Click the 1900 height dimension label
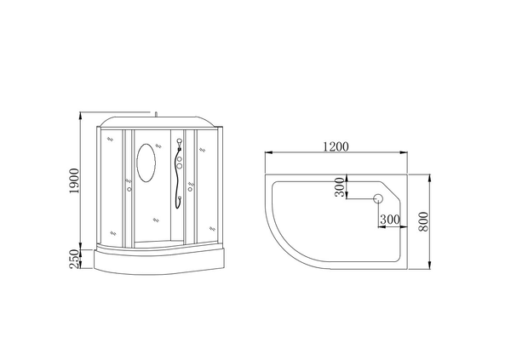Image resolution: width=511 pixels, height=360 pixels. coord(74,180)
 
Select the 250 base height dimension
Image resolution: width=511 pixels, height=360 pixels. coord(74,259)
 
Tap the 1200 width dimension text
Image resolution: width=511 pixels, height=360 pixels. coord(336,147)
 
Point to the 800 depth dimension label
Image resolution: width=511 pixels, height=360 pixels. coord(423,221)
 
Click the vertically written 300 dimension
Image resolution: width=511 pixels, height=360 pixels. coord(340,187)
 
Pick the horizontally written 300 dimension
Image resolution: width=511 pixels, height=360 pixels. coord(389,220)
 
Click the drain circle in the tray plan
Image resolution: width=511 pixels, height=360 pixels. coord(378,198)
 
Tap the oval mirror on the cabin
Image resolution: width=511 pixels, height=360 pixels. coord(146,163)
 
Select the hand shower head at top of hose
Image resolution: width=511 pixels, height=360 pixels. coord(179,142)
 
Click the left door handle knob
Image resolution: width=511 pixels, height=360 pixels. coord(129,189)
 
